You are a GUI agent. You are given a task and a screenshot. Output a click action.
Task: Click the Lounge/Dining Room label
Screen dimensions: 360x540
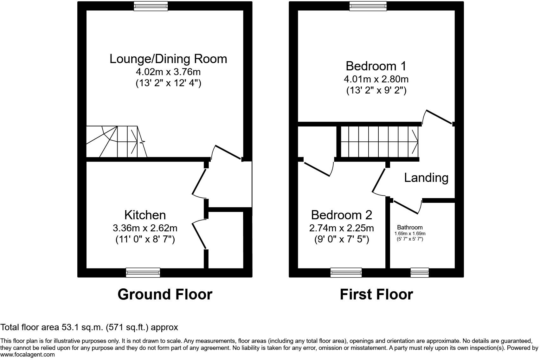[x=168, y=59]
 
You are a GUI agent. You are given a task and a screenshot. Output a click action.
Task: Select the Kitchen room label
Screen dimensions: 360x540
[x=145, y=215]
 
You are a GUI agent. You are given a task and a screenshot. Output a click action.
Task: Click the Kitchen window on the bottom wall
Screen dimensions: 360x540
[x=143, y=273]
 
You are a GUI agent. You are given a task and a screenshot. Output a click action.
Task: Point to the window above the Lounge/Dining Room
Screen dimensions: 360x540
[x=151, y=6]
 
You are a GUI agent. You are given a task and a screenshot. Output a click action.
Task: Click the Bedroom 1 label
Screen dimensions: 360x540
[x=376, y=66]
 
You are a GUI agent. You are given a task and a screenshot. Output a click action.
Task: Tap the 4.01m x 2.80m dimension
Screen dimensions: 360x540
[x=376, y=79]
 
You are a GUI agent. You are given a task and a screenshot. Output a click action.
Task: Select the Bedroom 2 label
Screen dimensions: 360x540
[x=341, y=215]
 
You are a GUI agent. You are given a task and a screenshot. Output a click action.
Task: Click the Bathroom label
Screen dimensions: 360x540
[x=410, y=227]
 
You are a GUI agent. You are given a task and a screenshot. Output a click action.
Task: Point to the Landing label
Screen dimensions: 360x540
[x=426, y=177]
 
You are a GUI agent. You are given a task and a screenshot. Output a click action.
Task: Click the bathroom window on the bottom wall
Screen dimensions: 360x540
[x=420, y=273]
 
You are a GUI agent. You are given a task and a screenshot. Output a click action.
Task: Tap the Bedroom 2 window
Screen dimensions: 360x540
[x=346, y=273]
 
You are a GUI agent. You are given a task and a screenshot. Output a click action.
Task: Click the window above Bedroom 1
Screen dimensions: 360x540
[x=368, y=6]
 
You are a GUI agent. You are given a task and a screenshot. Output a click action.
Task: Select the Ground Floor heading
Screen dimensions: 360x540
[x=165, y=294]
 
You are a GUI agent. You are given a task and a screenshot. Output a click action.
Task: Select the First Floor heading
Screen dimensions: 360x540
[x=376, y=294]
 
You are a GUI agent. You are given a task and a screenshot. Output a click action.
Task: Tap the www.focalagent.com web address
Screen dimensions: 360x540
[x=27, y=355]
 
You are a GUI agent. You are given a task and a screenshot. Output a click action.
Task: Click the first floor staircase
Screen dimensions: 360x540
[x=379, y=141]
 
